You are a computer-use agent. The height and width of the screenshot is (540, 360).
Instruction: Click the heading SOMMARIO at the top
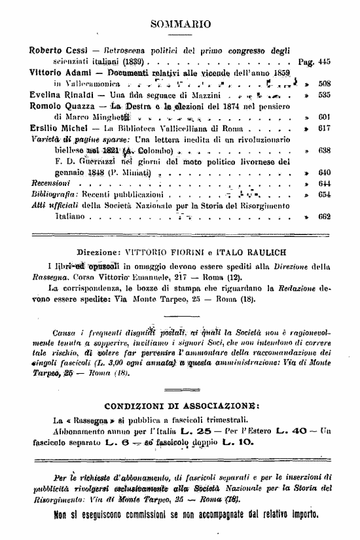pyautogui.click(x=180, y=25)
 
